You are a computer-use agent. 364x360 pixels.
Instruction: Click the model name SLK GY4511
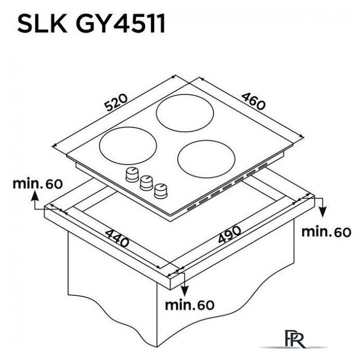(91, 24)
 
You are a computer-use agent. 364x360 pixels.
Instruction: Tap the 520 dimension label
(116, 102)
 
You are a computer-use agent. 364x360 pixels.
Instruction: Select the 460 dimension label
(253, 101)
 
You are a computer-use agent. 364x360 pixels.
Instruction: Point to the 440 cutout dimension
(117, 238)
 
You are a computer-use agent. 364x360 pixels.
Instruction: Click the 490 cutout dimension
(230, 235)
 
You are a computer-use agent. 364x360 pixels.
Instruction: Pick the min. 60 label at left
(38, 183)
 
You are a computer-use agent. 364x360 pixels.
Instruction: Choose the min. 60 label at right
(326, 232)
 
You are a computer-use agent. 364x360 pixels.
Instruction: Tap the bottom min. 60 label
(190, 305)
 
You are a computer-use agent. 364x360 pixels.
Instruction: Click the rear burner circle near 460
(185, 113)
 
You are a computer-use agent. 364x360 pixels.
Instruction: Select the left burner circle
(128, 146)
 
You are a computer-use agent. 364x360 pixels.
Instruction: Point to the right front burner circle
(206, 159)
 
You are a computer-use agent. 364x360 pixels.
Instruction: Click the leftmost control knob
(132, 175)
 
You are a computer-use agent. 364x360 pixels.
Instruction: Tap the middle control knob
(146, 183)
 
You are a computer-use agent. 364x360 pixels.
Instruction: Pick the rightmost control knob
(161, 191)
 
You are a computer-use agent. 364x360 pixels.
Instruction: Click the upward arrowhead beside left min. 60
(34, 195)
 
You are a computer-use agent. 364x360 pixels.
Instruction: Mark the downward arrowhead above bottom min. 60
(185, 291)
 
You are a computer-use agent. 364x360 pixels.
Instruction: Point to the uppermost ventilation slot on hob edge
(263, 166)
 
